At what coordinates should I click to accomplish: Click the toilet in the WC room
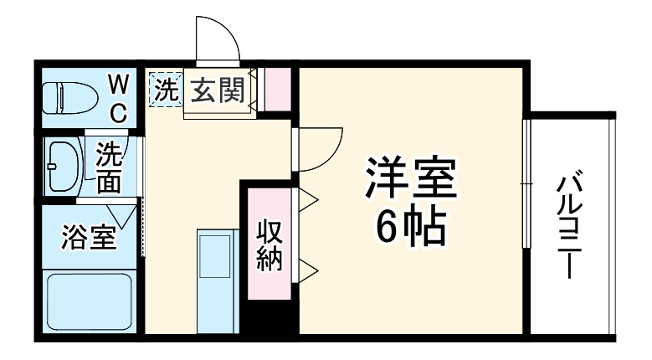pyautogui.click(x=70, y=97)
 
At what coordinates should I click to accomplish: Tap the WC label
pyautogui.click(x=117, y=98)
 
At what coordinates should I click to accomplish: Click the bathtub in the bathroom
pyautogui.click(x=89, y=302)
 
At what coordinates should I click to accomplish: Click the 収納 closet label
pyautogui.click(x=268, y=244)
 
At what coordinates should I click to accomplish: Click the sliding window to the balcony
pyautogui.click(x=525, y=183)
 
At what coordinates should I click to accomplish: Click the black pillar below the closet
pyautogui.click(x=270, y=318)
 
